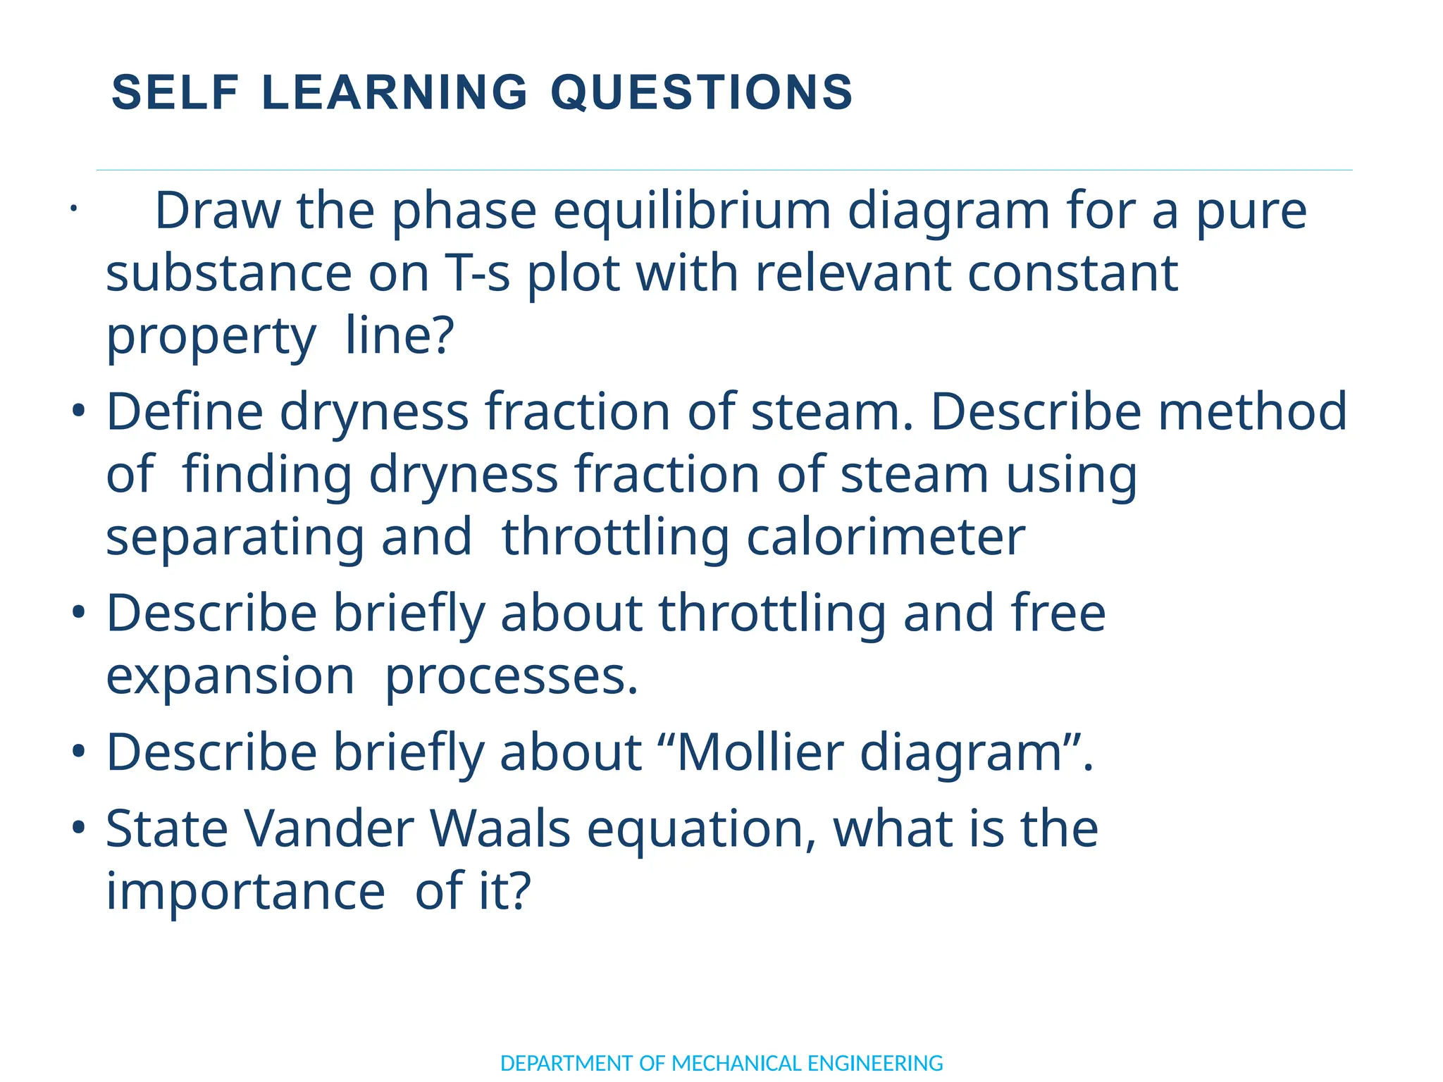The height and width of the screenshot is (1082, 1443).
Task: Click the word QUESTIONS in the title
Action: [x=701, y=92]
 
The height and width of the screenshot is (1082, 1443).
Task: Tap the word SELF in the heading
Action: [x=175, y=92]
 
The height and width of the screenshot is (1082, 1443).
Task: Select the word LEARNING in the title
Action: [x=395, y=92]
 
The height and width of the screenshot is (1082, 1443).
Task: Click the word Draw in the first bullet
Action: [x=216, y=211]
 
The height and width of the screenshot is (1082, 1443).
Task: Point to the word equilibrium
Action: [x=691, y=212]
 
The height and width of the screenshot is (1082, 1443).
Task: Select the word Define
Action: [x=184, y=411]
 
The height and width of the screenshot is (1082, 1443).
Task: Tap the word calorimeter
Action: [x=886, y=537]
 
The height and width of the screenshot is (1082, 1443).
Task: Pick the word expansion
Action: [x=230, y=676]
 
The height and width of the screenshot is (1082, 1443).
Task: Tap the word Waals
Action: [x=500, y=828]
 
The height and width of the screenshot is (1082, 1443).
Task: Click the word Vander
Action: [x=329, y=828]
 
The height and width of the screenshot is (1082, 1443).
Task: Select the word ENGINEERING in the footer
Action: [x=875, y=1062]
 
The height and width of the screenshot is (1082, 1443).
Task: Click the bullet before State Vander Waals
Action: [x=78, y=827]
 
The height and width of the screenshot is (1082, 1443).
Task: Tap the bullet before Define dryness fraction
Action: [x=78, y=410]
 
